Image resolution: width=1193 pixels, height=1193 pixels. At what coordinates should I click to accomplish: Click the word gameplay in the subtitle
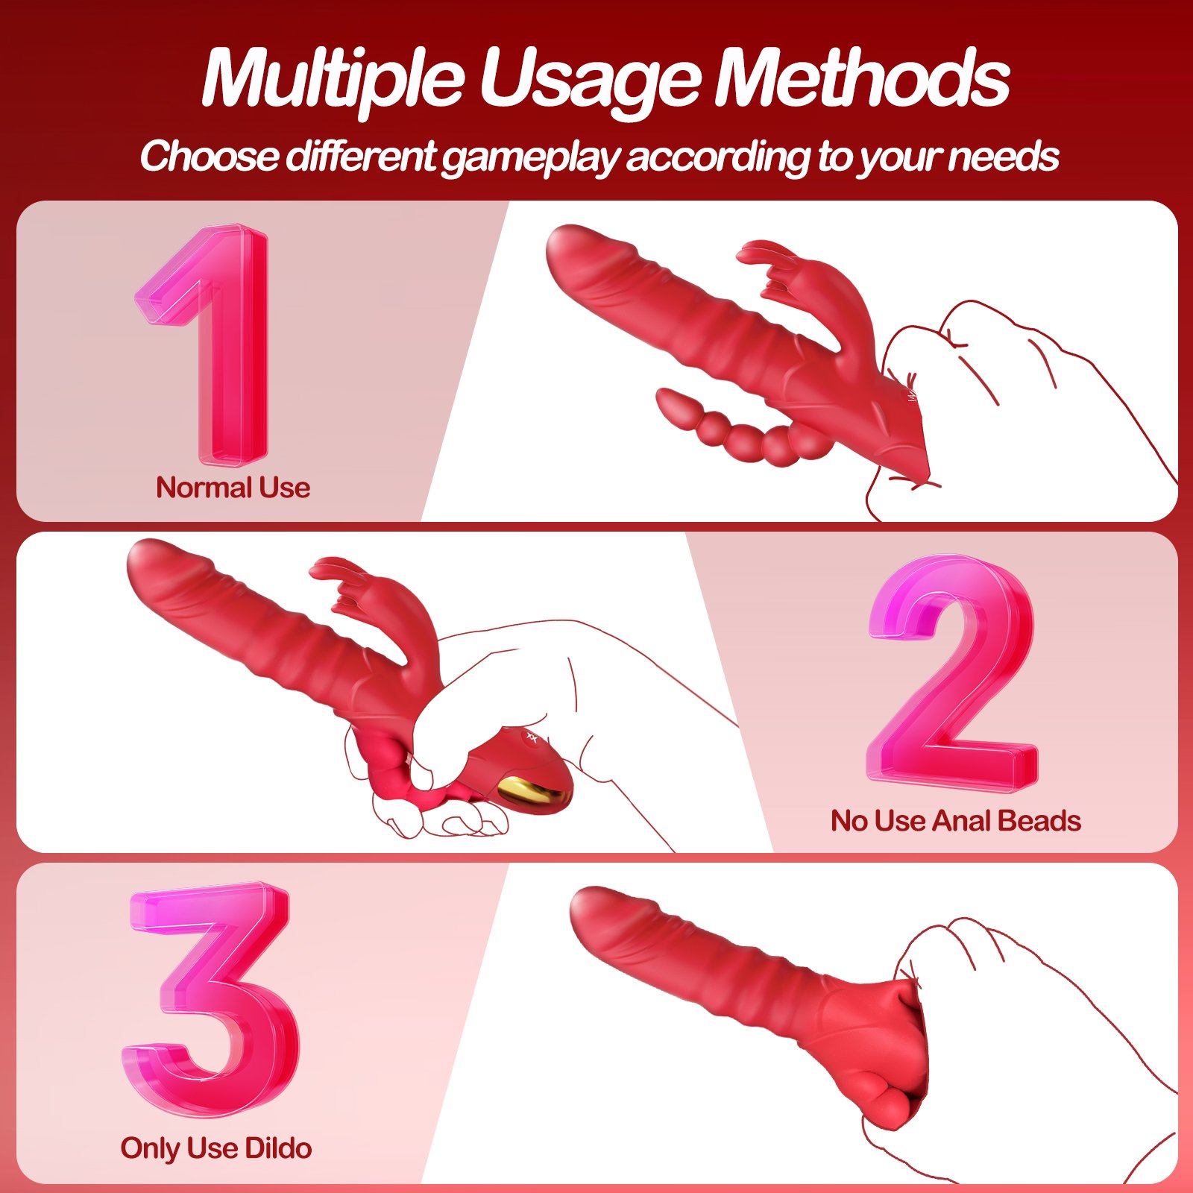(x=532, y=158)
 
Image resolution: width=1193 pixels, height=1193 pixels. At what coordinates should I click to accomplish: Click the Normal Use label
(x=233, y=488)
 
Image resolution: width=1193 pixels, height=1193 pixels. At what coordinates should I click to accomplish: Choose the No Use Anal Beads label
(x=956, y=821)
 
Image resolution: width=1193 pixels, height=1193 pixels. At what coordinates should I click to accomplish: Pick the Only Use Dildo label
(x=216, y=1148)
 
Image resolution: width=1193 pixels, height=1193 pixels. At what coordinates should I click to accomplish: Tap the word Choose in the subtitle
(x=210, y=156)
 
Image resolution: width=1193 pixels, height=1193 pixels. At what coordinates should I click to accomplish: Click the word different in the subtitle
(x=361, y=156)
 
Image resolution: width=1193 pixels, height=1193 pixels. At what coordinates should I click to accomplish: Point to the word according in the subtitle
(x=717, y=158)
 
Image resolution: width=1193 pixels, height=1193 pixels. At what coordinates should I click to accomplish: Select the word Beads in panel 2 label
(x=1039, y=821)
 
